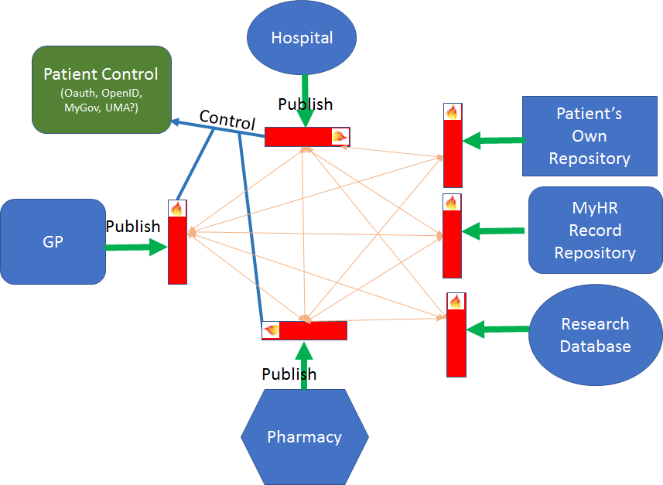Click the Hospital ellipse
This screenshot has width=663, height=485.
point(301,37)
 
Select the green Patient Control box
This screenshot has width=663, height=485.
point(101,89)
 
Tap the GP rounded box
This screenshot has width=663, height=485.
point(53,241)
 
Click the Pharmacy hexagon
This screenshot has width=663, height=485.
point(304,437)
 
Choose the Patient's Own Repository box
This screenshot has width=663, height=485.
point(590,136)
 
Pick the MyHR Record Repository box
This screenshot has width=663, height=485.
point(594,231)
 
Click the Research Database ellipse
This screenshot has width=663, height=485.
point(595,335)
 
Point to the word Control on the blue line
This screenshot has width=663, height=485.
point(227,120)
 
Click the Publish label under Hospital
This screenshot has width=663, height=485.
point(306,104)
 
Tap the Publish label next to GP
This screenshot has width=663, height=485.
point(133,227)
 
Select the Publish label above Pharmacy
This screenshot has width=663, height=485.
point(289,374)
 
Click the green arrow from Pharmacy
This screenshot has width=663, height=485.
point(304,364)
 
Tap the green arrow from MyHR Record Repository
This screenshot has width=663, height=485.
point(495,231)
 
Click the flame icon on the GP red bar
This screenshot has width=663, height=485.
point(177,208)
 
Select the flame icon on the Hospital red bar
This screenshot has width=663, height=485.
point(339,137)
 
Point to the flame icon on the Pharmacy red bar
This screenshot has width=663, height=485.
point(272,330)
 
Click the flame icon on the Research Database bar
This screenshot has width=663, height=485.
point(456,301)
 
